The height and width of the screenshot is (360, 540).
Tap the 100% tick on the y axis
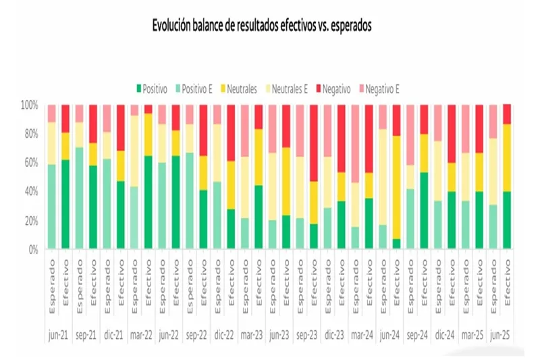point(30,105)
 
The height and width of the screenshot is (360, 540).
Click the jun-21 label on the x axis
point(58,334)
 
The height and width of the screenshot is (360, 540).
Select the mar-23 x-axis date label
point(252,334)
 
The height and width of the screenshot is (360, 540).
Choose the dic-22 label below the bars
point(224,334)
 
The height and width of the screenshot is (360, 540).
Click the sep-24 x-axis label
point(418,334)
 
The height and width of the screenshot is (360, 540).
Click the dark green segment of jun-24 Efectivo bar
point(397,244)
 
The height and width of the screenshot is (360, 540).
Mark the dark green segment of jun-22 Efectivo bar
point(175,203)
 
